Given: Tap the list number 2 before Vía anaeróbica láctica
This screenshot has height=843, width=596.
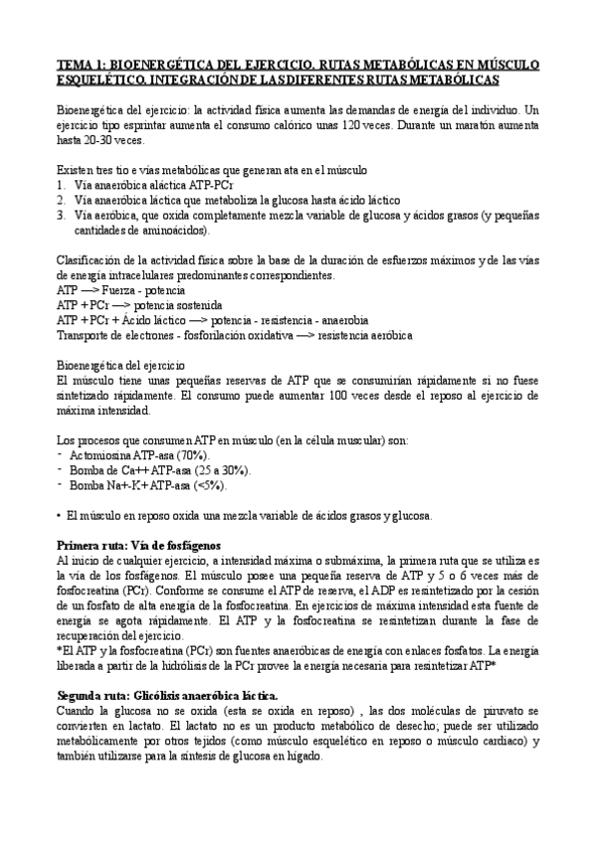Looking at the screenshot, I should pos(62,200).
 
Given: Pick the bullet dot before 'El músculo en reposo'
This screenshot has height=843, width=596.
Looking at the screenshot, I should pos(60,515).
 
